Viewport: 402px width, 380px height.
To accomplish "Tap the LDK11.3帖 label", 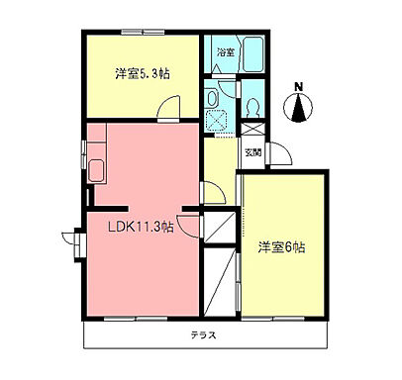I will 141,226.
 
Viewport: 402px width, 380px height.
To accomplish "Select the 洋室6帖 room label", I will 282,245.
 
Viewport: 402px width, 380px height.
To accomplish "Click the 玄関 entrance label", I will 253,153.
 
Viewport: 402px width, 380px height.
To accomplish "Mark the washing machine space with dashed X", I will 219,119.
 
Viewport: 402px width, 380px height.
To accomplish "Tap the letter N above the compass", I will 300,86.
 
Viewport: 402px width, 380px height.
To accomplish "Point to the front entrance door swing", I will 276,152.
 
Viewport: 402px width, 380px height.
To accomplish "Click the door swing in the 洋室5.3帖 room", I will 172,108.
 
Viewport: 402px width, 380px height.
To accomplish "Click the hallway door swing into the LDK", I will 209,192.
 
